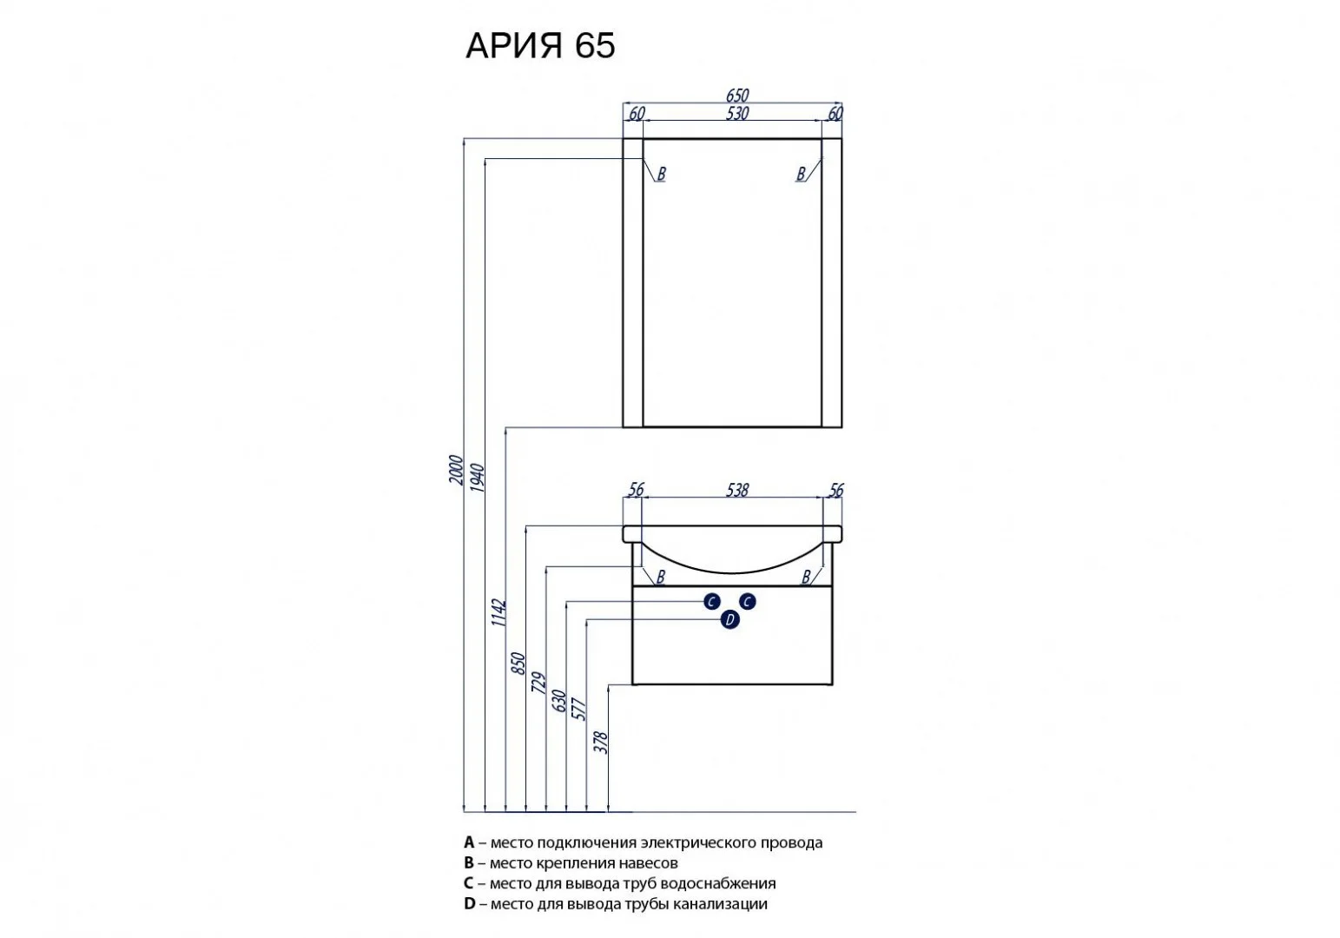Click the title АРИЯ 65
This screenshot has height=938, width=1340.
(540, 45)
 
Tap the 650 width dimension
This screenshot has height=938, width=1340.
(737, 96)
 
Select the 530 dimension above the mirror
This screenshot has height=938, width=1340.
(737, 113)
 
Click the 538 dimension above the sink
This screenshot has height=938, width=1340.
(737, 490)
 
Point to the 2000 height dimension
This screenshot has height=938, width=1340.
(457, 470)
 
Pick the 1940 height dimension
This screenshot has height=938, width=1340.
(477, 478)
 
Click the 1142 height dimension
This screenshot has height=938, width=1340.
(498, 613)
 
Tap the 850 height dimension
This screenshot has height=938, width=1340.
(518, 664)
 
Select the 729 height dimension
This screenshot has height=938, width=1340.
(538, 683)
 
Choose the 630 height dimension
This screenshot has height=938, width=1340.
(558, 701)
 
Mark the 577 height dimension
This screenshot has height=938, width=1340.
(579, 709)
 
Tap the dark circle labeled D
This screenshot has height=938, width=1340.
(729, 620)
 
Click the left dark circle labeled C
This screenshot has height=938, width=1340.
(711, 601)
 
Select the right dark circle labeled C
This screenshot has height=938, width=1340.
(747, 601)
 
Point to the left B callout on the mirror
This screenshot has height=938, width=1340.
(661, 174)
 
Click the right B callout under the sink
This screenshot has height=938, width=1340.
(806, 577)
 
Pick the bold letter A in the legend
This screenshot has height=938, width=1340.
(469, 842)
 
